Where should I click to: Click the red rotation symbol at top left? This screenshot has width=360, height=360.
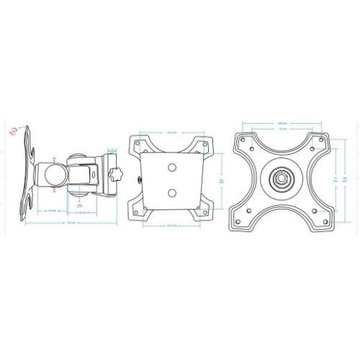pos(16,132)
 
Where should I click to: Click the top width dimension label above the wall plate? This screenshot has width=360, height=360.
pos(171,132)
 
